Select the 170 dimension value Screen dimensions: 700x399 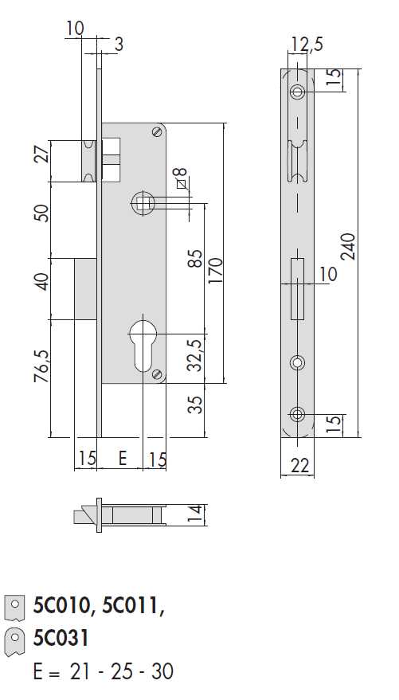coord(215,273)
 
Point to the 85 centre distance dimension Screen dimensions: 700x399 coord(197,258)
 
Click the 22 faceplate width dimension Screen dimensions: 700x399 coord(299,465)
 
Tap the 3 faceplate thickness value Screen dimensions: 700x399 coord(118,45)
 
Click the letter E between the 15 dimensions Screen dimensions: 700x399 coord(122,458)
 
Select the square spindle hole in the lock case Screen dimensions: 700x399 coord(143,202)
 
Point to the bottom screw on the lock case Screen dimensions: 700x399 coord(158,374)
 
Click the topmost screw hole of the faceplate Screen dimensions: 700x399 coord(298,91)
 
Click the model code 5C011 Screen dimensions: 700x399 coord(131,608)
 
